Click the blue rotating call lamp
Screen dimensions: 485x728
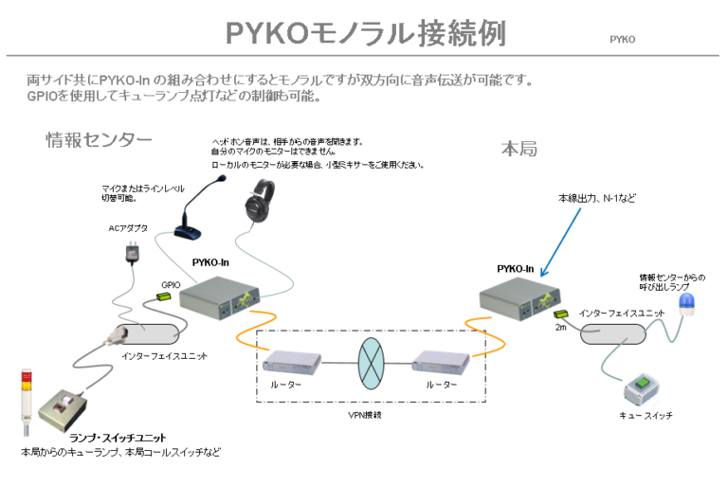[683, 301]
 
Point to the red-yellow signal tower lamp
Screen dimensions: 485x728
[26, 399]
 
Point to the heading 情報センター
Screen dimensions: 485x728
[99, 140]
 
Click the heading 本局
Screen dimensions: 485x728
[519, 149]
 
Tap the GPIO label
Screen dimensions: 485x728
[171, 283]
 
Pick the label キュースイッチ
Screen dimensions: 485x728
[645, 417]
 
